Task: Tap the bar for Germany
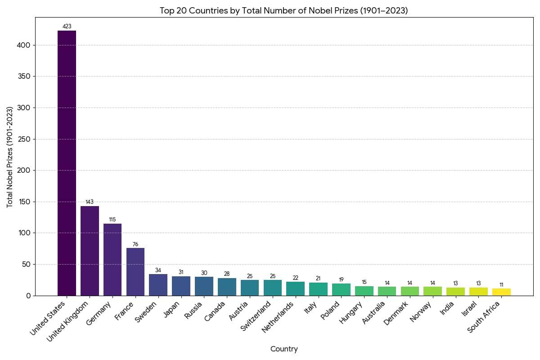point(112,259)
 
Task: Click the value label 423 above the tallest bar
point(67,27)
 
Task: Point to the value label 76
point(135,244)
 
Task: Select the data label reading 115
point(112,220)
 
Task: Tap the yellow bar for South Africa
point(501,292)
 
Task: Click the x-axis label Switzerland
point(256,316)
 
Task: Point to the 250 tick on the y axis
point(24,139)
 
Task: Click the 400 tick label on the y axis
point(24,45)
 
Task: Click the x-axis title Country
point(284,349)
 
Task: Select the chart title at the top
point(284,10)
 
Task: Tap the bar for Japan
point(181,286)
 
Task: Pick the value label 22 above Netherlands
point(296,278)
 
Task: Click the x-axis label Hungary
point(351,313)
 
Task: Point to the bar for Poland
point(341,289)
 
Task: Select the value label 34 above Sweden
point(158,270)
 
